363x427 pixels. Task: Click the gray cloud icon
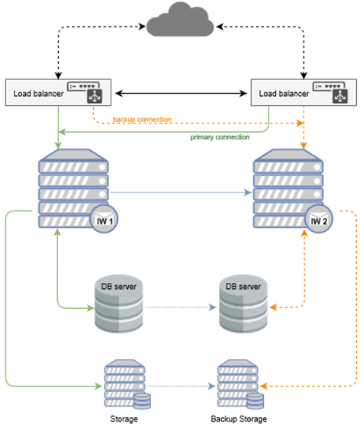pyautogui.click(x=180, y=20)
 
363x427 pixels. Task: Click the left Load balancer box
pyautogui.click(x=58, y=92)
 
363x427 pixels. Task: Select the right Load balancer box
pyautogui.click(x=304, y=92)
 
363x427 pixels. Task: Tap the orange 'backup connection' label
pyautogui.click(x=142, y=119)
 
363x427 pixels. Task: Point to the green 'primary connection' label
pyautogui.click(x=220, y=137)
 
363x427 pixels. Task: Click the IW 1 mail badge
pyautogui.click(x=104, y=220)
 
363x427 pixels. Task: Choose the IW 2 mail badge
pyautogui.click(x=319, y=220)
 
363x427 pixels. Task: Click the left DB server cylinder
pyautogui.click(x=119, y=303)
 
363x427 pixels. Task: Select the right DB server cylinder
pyautogui.click(x=243, y=303)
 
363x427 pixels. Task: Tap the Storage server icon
pyautogui.click(x=127, y=384)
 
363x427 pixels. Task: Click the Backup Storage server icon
pyautogui.click(x=240, y=384)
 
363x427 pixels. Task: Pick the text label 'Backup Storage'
pyautogui.click(x=239, y=419)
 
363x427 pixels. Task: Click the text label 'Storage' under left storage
pyautogui.click(x=124, y=419)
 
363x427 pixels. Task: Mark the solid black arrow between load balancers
pyautogui.click(x=181, y=93)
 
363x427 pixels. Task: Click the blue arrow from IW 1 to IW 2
pyautogui.click(x=181, y=192)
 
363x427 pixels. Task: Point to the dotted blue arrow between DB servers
pyautogui.click(x=181, y=307)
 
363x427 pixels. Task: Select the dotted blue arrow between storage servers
pyautogui.click(x=181, y=386)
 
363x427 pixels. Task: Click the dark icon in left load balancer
pyautogui.click(x=95, y=96)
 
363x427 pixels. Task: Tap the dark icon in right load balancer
pyautogui.click(x=340, y=96)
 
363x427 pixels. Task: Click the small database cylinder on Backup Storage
pyautogui.click(x=255, y=401)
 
